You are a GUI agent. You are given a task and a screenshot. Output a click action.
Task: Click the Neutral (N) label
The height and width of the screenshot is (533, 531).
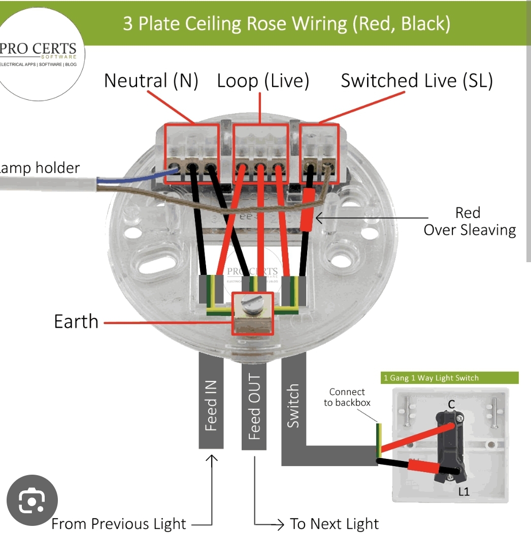151,81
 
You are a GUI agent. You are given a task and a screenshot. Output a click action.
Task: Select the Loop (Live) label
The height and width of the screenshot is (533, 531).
262,81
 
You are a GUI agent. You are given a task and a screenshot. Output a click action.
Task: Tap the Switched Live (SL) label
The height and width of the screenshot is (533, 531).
416,81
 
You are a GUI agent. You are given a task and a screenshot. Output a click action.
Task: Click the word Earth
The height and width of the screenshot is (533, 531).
76,322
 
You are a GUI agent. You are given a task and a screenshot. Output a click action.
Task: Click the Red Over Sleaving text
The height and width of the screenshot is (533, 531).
469,222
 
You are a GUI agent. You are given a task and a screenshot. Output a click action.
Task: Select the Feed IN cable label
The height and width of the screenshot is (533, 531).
211,406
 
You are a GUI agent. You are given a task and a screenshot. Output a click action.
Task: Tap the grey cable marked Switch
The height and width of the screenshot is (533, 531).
293,406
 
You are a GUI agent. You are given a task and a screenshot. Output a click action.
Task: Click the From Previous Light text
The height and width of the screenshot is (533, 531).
119,524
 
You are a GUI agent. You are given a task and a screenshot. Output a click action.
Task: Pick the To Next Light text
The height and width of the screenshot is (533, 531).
334,524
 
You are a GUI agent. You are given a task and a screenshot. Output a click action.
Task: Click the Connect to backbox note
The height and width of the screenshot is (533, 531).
347,398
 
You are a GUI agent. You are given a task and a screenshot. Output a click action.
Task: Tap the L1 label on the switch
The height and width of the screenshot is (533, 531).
464,491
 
